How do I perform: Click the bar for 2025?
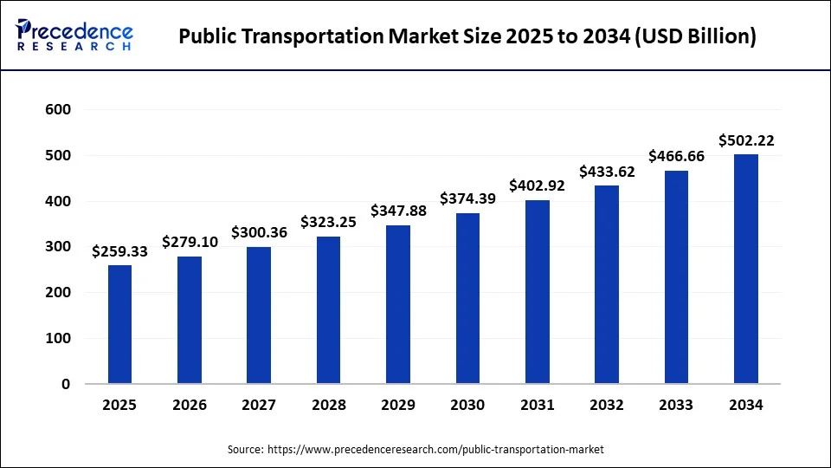pos(120,324)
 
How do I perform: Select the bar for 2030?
pos(467,298)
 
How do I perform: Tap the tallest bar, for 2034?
pos(746,269)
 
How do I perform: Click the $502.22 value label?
pos(746,140)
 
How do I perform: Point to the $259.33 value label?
pos(120,251)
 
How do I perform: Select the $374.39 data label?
pos(467,198)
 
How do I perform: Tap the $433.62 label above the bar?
pos(607,172)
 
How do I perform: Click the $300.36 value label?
pos(260,232)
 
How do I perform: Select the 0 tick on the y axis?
pos(65,384)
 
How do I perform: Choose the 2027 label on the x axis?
pos(260,405)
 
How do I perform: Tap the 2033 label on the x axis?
pos(676,405)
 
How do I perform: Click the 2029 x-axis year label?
pos(398,405)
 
